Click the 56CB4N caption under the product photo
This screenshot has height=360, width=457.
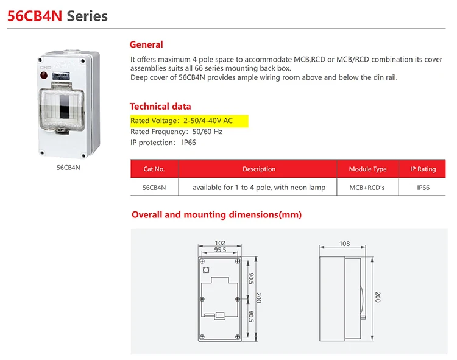(68, 167)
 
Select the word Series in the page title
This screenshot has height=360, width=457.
(87, 16)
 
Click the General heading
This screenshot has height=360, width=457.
(146, 44)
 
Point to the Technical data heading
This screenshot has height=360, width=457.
(160, 106)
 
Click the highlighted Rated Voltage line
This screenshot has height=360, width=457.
(190, 121)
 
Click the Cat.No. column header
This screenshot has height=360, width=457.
(154, 169)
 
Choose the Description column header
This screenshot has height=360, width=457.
(259, 169)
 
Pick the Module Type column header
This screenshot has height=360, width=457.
(367, 169)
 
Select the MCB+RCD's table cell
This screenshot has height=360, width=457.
(367, 188)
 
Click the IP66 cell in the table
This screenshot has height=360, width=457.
(423, 188)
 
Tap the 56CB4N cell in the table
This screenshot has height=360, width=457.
(154, 188)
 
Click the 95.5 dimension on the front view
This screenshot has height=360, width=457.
(220, 250)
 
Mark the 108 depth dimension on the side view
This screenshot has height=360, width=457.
(344, 244)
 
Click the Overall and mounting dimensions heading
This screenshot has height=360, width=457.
(216, 214)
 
